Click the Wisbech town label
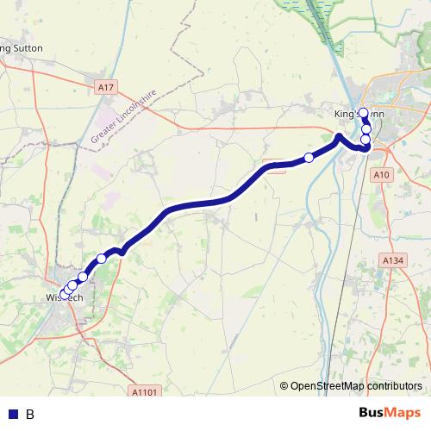tap(62, 297)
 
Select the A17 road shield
tap(105, 88)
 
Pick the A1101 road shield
tap(146, 392)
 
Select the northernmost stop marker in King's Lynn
tap(364, 112)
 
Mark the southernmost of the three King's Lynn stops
tap(365, 140)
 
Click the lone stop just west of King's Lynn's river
tap(309, 157)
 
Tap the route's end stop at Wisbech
tap(64, 295)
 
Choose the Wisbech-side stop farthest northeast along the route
tap(102, 259)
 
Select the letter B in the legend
tap(30, 414)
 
